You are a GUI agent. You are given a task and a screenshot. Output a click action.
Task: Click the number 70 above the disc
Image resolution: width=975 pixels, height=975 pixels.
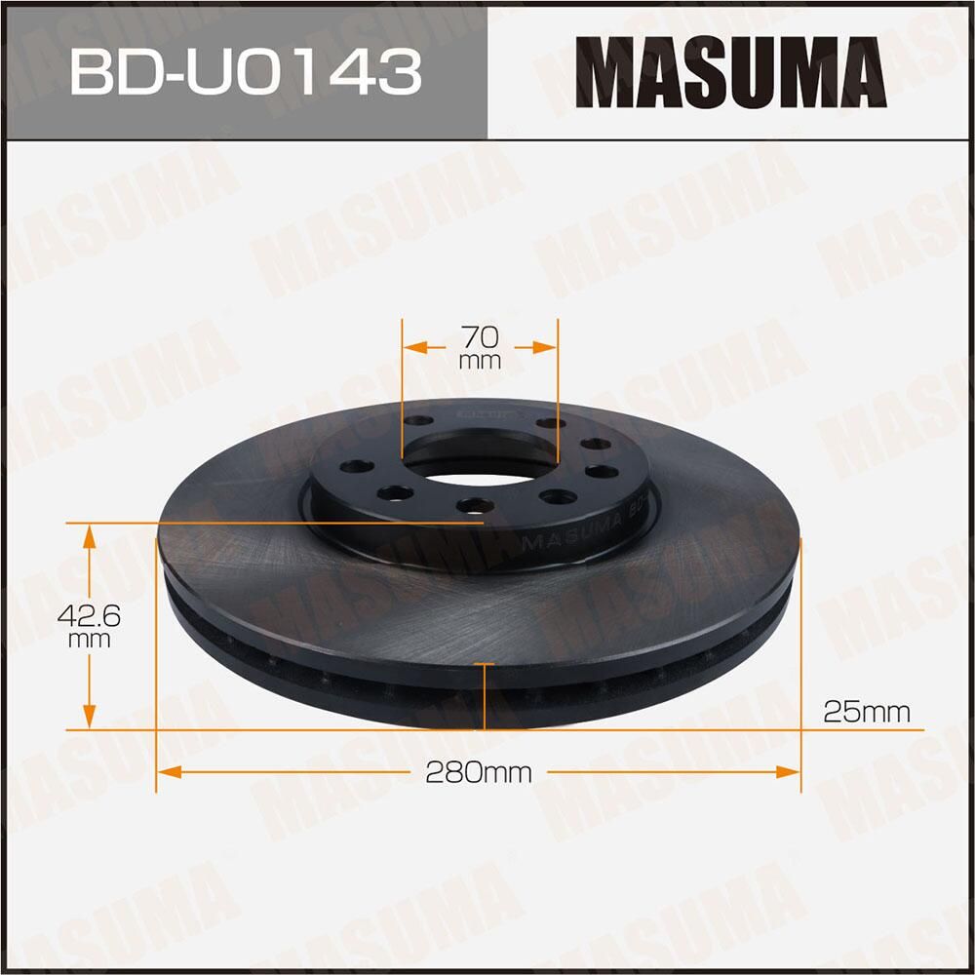click(480, 337)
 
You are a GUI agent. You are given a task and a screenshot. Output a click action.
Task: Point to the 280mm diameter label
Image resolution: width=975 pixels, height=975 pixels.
click(479, 773)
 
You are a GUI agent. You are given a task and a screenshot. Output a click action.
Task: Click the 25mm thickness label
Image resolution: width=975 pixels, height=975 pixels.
click(866, 712)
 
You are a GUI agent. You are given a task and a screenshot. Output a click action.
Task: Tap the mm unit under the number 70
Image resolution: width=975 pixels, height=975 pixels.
click(480, 361)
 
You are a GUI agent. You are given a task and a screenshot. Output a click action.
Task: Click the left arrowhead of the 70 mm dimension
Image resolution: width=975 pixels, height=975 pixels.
click(413, 346)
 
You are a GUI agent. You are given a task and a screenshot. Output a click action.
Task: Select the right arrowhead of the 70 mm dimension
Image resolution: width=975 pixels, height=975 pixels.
click(547, 346)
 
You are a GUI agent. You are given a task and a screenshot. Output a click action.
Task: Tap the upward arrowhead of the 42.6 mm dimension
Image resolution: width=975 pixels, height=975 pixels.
click(90, 534)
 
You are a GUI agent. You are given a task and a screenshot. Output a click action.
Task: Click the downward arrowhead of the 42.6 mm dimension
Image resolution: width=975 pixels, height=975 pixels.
click(90, 718)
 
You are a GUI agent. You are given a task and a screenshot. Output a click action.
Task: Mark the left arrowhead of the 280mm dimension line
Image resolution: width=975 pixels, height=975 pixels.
click(168, 772)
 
